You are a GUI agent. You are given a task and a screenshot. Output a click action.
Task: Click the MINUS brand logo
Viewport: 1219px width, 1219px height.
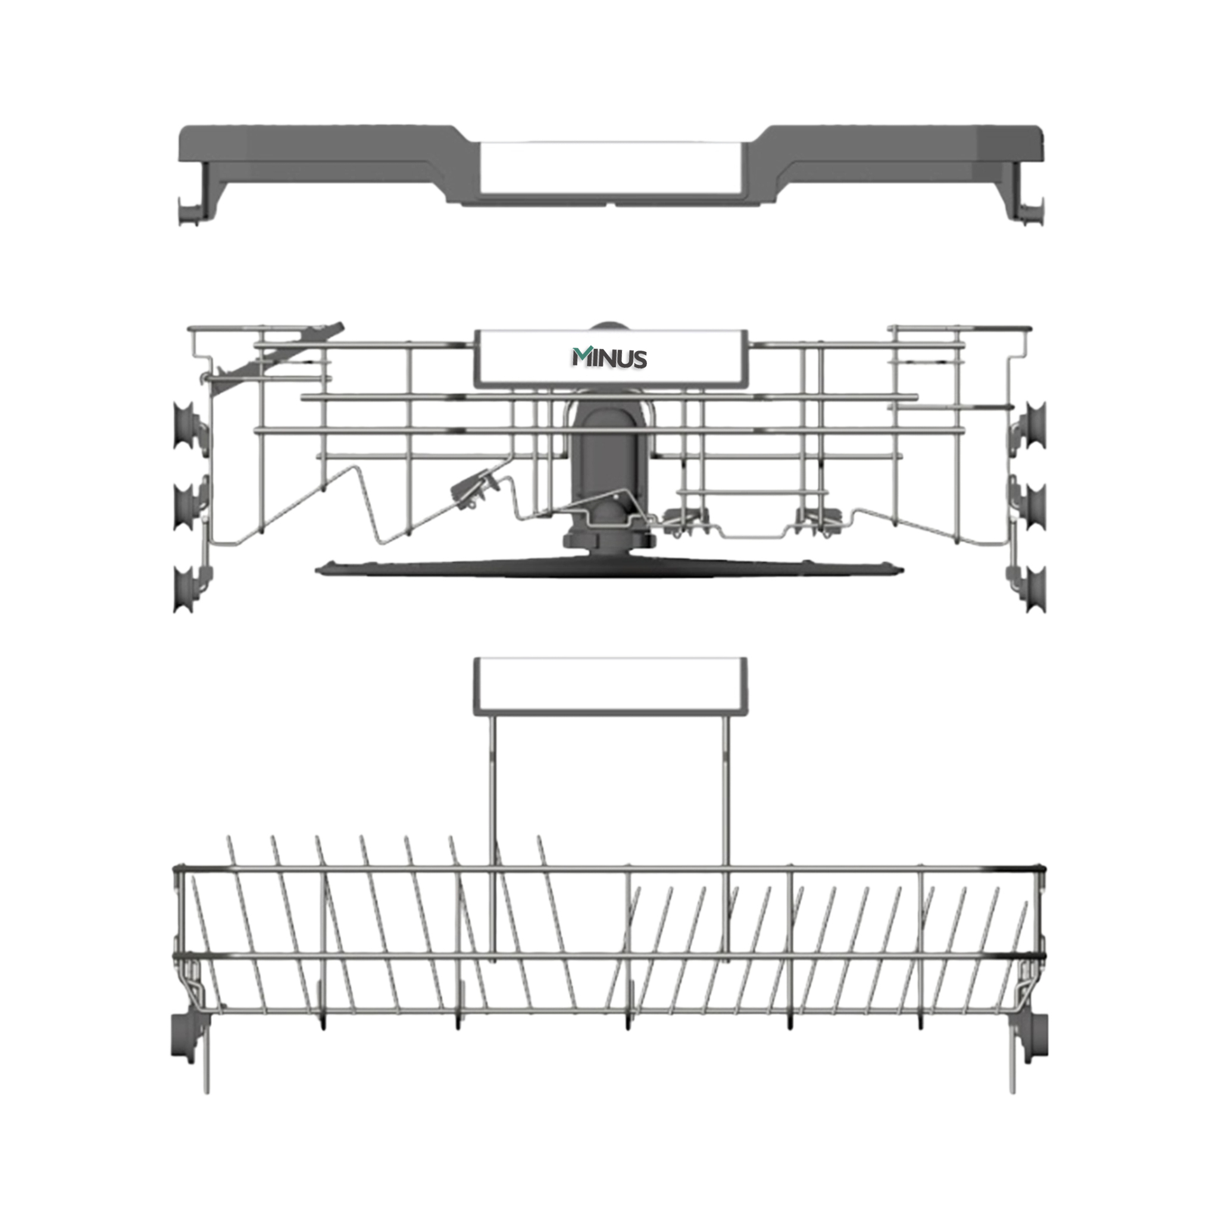pyautogui.click(x=609, y=358)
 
